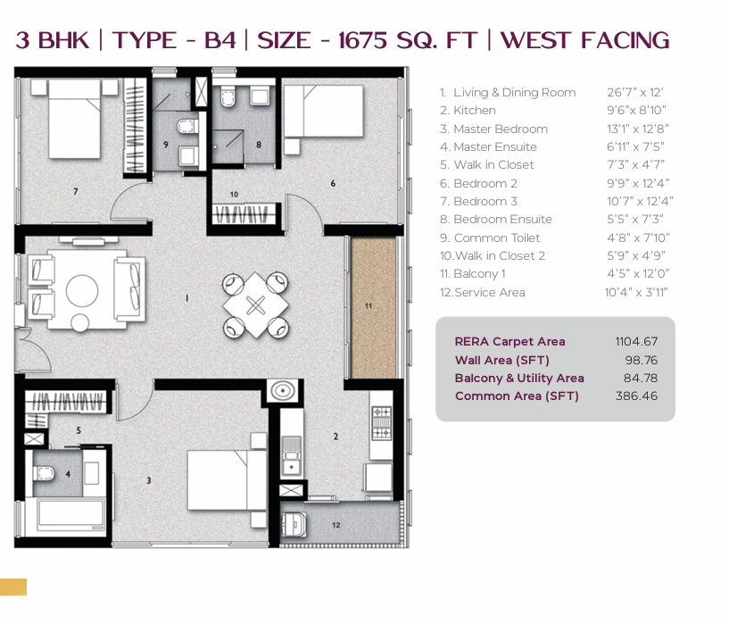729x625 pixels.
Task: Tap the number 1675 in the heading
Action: tap(362, 40)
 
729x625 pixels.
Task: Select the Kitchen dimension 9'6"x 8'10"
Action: tap(636, 111)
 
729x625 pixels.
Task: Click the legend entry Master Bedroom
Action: tap(501, 129)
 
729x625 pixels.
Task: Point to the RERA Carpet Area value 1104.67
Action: tap(636, 342)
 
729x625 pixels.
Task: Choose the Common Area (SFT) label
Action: tap(517, 396)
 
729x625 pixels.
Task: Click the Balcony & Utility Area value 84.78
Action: tap(640, 378)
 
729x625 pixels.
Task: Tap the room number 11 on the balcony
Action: tap(369, 305)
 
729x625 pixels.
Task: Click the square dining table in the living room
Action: tap(255, 305)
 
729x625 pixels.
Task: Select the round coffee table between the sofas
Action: tap(82, 290)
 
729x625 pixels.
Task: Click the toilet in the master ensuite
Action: tap(44, 474)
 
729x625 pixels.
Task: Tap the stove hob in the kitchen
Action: tap(381, 423)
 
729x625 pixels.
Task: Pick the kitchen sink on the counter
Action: tap(292, 454)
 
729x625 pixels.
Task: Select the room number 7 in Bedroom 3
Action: tap(75, 191)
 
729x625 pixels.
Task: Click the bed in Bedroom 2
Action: tap(324, 111)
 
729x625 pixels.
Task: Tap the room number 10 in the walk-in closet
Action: tap(234, 194)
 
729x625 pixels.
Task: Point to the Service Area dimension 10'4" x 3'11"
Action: tap(636, 292)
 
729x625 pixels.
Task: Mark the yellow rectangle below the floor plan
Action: tap(13, 587)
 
